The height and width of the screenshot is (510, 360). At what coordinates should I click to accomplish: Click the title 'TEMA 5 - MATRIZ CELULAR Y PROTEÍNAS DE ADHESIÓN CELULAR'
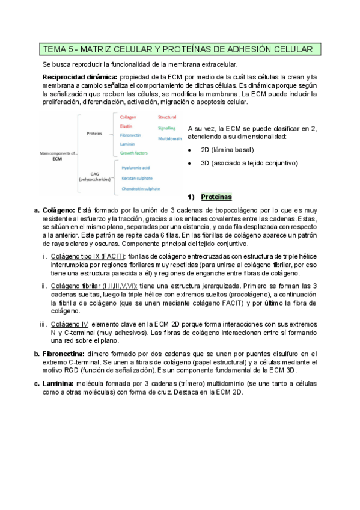178,49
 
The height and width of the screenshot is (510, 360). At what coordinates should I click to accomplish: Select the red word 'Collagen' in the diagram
129,117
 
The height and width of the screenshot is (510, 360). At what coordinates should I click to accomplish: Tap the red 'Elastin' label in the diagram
126,126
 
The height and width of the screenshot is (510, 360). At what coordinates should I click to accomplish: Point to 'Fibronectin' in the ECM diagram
131,136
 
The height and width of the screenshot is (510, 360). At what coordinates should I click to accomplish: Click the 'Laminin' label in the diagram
128,144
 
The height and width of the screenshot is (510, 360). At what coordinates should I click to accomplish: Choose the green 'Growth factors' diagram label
133,153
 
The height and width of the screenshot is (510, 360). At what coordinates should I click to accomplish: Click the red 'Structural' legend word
167,117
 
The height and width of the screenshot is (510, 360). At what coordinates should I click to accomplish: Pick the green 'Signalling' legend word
167,128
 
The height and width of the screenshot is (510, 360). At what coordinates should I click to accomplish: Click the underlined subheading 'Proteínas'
216,197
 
